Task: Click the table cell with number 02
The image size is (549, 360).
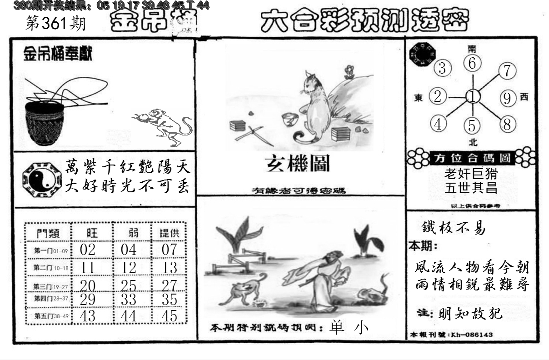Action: [x=87, y=250]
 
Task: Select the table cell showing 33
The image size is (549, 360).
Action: [x=129, y=299]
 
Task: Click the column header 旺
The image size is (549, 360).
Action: [x=91, y=233]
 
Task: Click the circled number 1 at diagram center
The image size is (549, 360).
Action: [x=473, y=97]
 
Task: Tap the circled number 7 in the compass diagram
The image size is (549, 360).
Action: [x=507, y=71]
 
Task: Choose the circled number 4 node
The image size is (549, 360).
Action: [x=439, y=124]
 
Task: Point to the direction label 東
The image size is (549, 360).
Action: [x=419, y=97]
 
